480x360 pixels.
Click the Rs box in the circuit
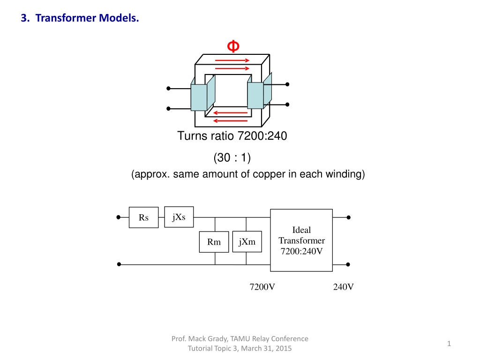pyautogui.click(x=143, y=217)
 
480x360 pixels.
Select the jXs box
pyautogui.click(x=179, y=217)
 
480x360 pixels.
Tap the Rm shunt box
pyautogui.click(x=214, y=242)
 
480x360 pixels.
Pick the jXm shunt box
pyautogui.click(x=247, y=241)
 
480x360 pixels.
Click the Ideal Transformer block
pyautogui.click(x=301, y=240)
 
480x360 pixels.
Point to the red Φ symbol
pyautogui.click(x=233, y=46)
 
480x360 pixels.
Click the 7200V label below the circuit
pyautogui.click(x=262, y=287)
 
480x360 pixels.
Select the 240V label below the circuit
pyautogui.click(x=343, y=287)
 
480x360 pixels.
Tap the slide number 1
pyautogui.click(x=449, y=344)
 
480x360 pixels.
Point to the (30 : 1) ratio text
pyautogui.click(x=232, y=157)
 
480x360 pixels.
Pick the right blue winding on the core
pyautogui.click(x=259, y=92)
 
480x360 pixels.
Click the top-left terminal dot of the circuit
pyautogui.click(x=119, y=217)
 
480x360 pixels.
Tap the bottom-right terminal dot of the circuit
pyautogui.click(x=348, y=264)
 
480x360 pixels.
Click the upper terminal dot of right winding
pyautogui.click(x=287, y=84)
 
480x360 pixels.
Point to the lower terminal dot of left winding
pyautogui.click(x=168, y=109)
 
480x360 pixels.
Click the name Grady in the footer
pyautogui.click(x=217, y=338)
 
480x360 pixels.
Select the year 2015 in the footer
pyautogui.click(x=283, y=348)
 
